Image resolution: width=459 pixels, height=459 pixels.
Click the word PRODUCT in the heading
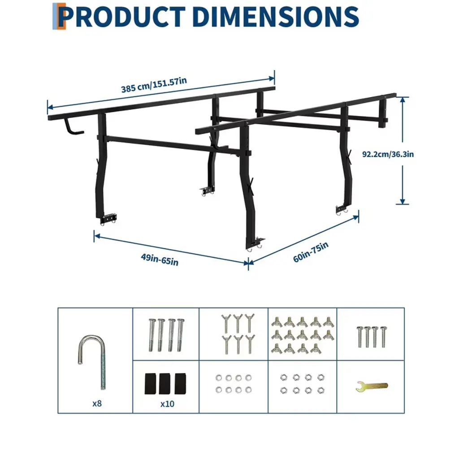pos(122,17)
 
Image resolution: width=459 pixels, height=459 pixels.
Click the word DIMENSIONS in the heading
pos(276,17)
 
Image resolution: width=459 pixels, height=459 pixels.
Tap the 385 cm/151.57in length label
pos(154,85)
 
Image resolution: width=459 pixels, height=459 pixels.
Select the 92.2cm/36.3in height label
pos(388,154)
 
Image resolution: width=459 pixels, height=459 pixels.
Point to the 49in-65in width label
pos(160,260)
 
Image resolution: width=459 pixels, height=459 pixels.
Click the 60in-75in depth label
pos(311,252)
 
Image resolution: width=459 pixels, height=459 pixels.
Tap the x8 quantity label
pos(97,403)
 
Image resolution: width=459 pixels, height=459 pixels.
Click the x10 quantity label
pos(167,404)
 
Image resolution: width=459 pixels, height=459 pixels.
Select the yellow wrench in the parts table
pos(372,386)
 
